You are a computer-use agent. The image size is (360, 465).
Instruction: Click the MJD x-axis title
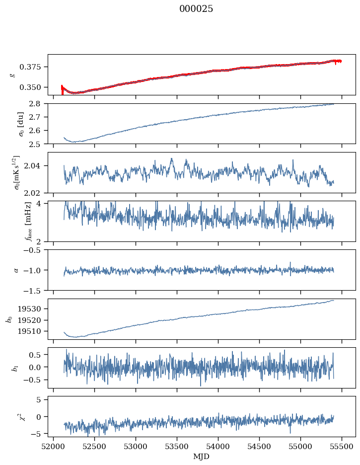click(x=202, y=456)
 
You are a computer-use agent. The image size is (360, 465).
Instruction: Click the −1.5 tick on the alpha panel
click(x=35, y=290)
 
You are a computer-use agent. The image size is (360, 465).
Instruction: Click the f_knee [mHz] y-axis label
click(x=14, y=221)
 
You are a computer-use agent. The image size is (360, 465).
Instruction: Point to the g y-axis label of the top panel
click(x=13, y=75)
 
